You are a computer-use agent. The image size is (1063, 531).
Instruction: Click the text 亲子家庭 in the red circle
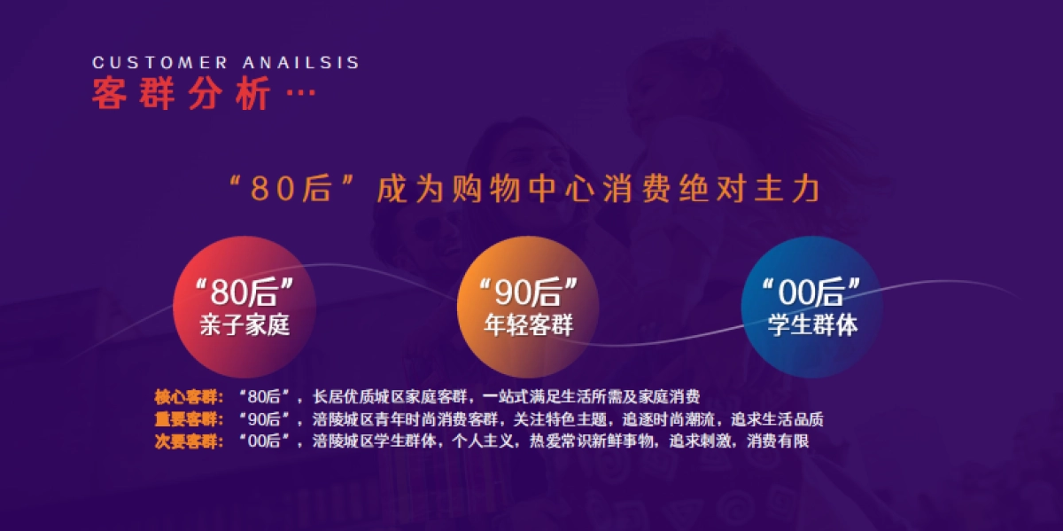point(244,325)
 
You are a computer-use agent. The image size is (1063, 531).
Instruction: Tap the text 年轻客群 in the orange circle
point(529,325)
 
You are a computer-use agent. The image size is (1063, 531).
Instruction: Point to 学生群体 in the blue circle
point(812,325)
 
